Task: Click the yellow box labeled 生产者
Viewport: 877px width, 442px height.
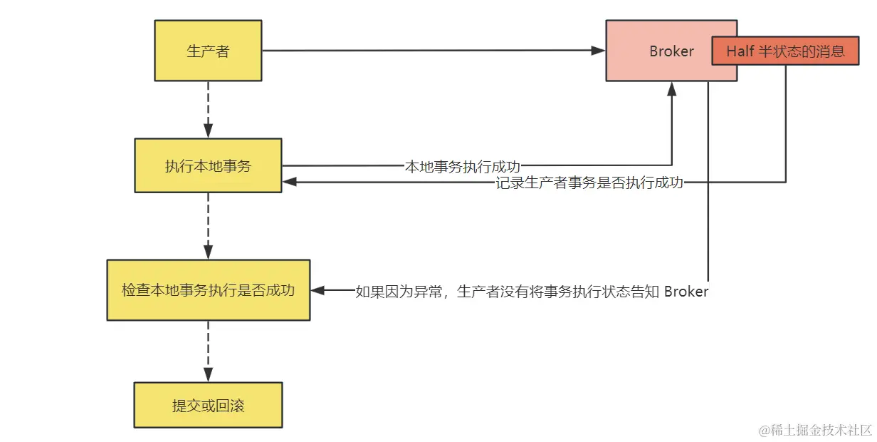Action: [208, 51]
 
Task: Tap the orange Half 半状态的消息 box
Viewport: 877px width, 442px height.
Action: [785, 51]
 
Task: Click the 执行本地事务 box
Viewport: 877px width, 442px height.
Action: [208, 165]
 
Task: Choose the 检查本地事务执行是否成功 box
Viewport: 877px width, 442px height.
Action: [208, 290]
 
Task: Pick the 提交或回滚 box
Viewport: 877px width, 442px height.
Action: [208, 405]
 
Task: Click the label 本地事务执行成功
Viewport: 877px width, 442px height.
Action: [467, 166]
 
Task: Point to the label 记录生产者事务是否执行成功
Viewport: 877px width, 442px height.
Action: [589, 183]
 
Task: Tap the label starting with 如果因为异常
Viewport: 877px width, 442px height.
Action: [532, 292]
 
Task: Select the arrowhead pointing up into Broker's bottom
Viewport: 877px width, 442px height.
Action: [671, 88]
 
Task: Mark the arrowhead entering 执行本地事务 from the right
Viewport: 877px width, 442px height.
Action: [289, 183]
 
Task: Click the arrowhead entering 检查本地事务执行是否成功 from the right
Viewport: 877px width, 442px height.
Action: [317, 291]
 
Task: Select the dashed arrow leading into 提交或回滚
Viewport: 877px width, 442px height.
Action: [208, 351]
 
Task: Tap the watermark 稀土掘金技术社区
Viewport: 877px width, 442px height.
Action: [815, 430]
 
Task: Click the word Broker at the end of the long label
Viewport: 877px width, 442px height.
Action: [686, 292]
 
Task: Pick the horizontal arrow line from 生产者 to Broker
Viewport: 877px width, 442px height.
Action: [427, 51]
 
